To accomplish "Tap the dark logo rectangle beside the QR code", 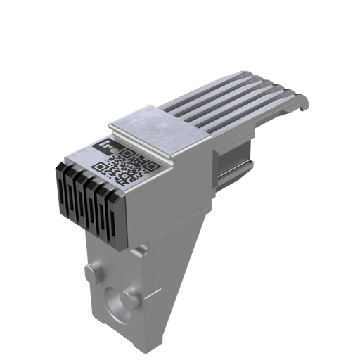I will click(108, 148).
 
